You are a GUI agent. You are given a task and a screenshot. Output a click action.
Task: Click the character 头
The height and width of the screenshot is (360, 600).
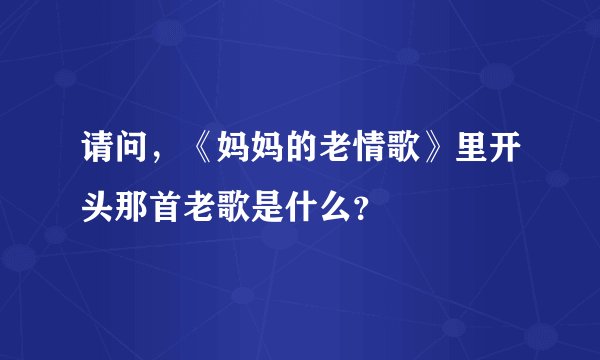pos(85,208)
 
